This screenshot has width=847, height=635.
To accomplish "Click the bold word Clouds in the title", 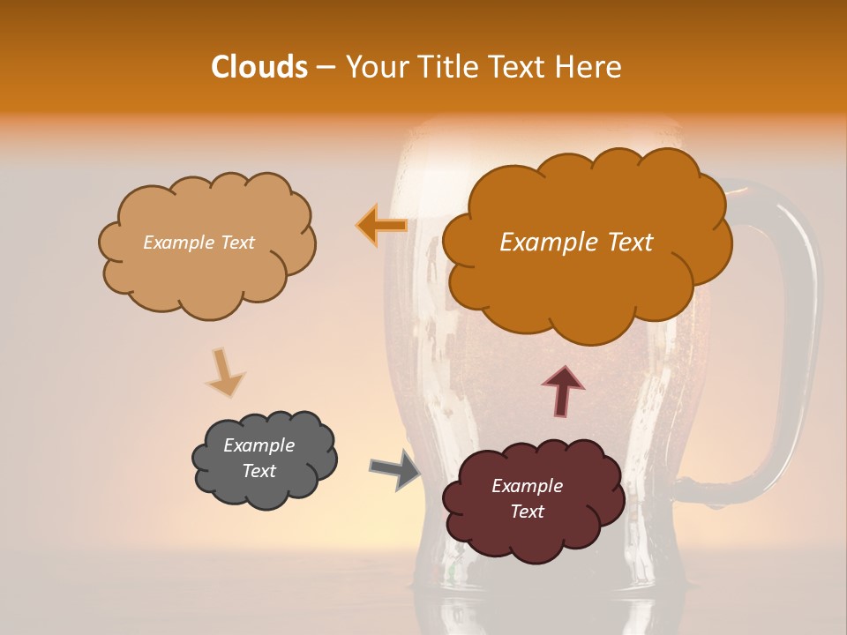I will click(259, 67).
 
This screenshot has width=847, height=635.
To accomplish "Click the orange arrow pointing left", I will click(382, 226).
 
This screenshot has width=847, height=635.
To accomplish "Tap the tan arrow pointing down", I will click(224, 373).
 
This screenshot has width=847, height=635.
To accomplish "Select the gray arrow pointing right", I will click(395, 468).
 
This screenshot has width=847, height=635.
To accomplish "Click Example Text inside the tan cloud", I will click(199, 243).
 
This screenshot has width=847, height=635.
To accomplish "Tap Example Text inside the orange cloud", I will click(576, 243).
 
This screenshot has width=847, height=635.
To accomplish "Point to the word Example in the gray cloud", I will click(259, 445).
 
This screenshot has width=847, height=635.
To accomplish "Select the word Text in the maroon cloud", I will click(527, 512).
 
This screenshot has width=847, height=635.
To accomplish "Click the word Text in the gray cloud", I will click(259, 471).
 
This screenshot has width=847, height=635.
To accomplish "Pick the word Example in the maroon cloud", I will click(527, 486).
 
